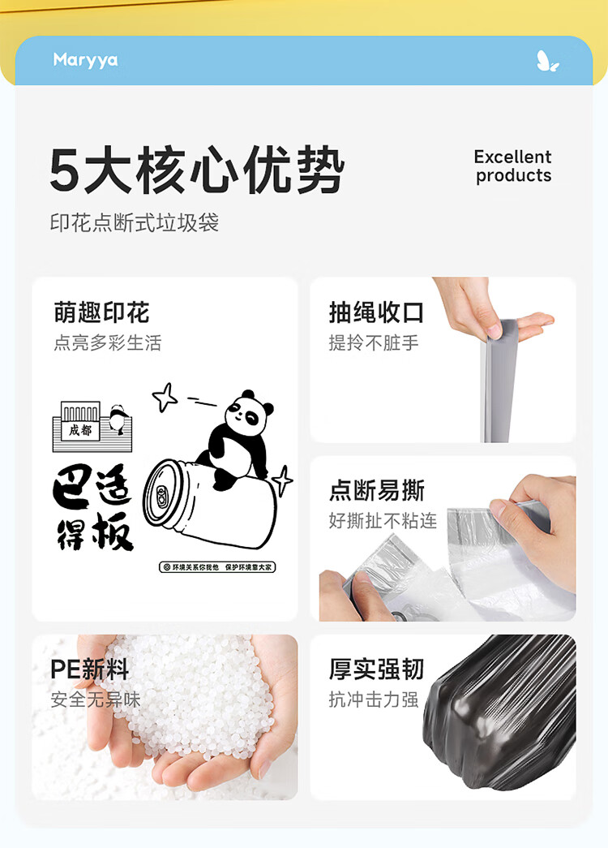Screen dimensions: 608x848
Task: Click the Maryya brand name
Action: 85,60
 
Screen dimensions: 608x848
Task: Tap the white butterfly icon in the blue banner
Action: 547,61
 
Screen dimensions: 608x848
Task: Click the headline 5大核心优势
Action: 197,170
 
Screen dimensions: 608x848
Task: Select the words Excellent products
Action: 513,166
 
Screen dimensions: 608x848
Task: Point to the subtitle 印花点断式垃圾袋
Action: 135,222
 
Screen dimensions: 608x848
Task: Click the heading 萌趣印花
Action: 101,312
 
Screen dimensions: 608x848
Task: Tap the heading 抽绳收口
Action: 377,312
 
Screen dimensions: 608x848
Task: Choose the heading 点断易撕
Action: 377,490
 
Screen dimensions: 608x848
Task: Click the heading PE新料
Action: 90,669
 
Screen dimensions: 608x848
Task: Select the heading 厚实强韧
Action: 377,669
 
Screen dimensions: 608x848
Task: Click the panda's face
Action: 247,414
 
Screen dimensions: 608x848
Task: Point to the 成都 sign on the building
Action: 80,430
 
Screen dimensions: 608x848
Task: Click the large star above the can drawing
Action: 165,397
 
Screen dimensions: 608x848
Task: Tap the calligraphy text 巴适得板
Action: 93,508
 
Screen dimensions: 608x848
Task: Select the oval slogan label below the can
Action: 217,566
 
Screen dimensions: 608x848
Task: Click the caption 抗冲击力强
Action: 374,699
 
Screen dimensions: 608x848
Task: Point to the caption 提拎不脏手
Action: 374,343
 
